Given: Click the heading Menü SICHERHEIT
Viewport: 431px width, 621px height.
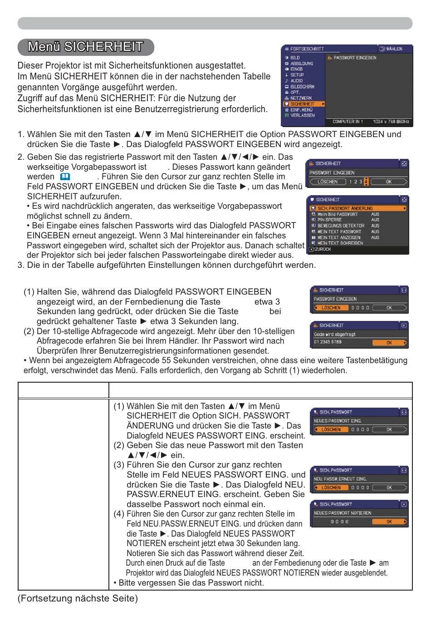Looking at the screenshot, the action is click(x=85, y=47).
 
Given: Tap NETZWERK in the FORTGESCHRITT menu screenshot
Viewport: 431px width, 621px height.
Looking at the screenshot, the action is click(x=301, y=98).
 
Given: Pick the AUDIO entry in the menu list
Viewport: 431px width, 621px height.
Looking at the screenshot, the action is click(x=296, y=81).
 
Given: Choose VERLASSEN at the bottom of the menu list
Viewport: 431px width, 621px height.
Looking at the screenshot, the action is click(x=303, y=115).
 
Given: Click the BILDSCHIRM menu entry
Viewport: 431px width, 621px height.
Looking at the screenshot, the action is click(x=302, y=87).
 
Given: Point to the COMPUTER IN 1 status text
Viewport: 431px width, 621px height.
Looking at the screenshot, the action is click(x=348, y=121).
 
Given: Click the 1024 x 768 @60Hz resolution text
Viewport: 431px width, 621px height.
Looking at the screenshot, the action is click(x=391, y=121).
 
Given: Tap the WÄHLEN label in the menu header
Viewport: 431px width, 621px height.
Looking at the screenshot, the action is click(x=394, y=49).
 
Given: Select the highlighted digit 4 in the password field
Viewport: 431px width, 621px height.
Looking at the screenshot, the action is click(x=366, y=182).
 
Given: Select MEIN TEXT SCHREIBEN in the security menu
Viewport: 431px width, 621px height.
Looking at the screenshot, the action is click(x=340, y=243).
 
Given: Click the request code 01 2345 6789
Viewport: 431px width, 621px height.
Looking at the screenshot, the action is click(x=328, y=342).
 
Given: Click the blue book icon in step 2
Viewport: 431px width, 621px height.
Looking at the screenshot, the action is click(x=65, y=177).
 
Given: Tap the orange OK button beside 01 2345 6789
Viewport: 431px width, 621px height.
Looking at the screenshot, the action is click(x=389, y=343).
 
